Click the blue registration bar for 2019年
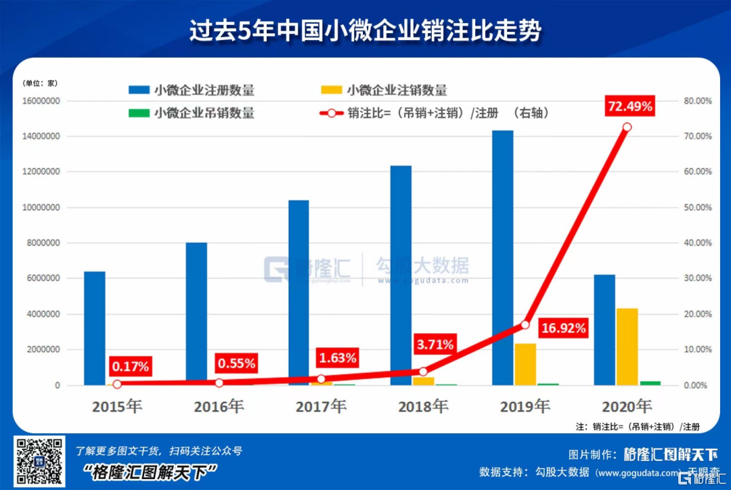tap(502, 257)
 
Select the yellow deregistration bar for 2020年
tap(627, 347)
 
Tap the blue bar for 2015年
tap(94, 328)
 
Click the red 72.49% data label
tap(630, 106)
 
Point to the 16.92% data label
tap(564, 330)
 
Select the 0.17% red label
tap(131, 366)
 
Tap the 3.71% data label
tap(434, 344)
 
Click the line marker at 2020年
tap(627, 127)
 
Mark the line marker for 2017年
tap(321, 379)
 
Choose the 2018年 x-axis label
tap(422, 406)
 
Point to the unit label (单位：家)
tap(41, 83)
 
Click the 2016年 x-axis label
tap(219, 406)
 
